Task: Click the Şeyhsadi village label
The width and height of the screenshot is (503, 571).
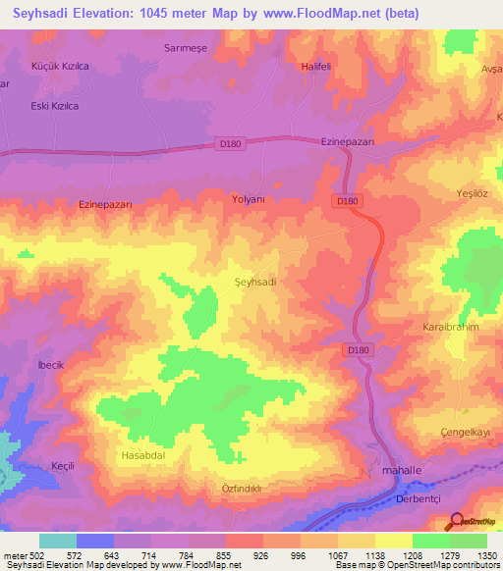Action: (x=255, y=282)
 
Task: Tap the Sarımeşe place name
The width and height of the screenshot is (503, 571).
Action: (x=186, y=47)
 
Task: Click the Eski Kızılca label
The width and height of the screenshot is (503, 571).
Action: (x=55, y=105)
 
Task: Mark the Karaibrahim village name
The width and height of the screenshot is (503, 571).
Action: (x=450, y=327)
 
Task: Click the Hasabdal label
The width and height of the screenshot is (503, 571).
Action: (x=140, y=456)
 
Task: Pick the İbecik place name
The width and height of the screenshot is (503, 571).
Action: (x=50, y=365)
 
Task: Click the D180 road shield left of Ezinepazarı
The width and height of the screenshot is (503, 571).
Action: (x=227, y=144)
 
